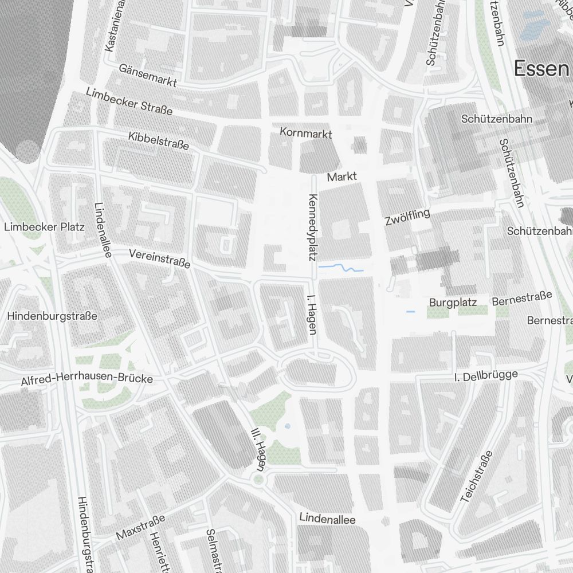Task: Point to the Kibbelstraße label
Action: click(159, 141)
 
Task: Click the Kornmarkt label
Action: click(306, 133)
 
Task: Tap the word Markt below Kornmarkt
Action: click(342, 176)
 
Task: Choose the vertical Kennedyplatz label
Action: click(313, 227)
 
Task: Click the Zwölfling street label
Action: click(407, 218)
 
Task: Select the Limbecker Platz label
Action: click(44, 226)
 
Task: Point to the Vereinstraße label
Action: click(159, 259)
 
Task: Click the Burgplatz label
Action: click(453, 303)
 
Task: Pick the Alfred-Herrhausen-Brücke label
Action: click(87, 379)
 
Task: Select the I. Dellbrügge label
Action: click(485, 376)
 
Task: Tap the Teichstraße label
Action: click(477, 477)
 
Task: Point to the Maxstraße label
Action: click(140, 527)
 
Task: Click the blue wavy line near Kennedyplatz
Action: click(341, 268)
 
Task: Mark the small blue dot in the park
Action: click(287, 426)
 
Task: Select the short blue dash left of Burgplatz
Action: click(410, 312)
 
